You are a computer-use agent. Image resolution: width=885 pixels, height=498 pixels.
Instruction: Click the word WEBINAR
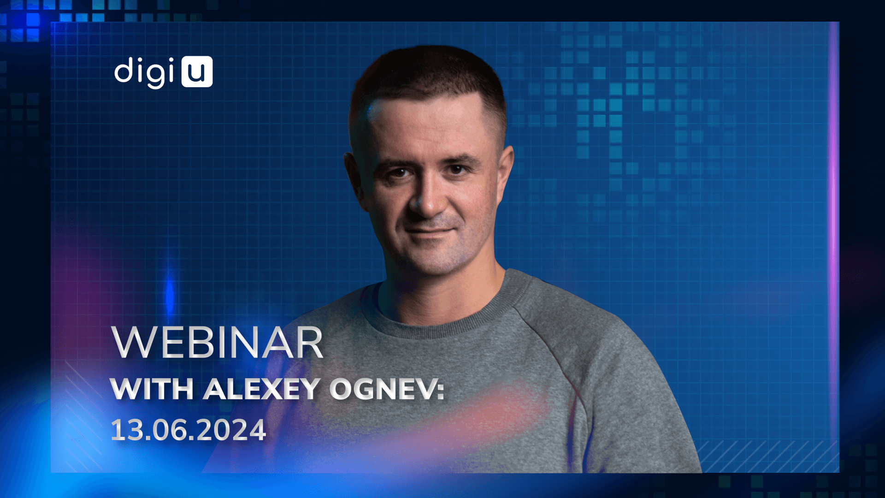click(x=218, y=343)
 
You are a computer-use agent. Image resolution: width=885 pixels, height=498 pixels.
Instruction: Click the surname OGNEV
click(x=382, y=389)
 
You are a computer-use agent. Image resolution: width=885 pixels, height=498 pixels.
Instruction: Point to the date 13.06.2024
click(x=188, y=430)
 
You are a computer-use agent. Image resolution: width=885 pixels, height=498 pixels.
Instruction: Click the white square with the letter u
click(x=197, y=71)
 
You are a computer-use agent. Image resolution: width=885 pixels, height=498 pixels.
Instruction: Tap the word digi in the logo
click(x=145, y=72)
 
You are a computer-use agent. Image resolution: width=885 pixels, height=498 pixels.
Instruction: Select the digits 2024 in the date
click(x=233, y=430)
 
